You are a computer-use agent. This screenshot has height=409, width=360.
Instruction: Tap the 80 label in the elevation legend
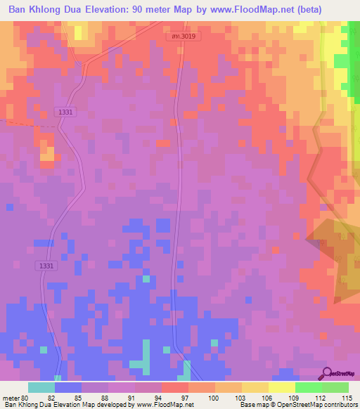click(x=26, y=398)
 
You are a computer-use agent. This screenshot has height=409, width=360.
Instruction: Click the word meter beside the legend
click(x=11, y=398)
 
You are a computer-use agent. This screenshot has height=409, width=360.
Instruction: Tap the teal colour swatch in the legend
click(x=41, y=387)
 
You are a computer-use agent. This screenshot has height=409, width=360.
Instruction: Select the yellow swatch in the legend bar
click(x=282, y=387)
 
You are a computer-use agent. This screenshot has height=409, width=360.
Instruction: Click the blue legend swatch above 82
click(x=68, y=387)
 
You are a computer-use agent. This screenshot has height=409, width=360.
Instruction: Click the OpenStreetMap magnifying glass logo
click(x=327, y=373)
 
